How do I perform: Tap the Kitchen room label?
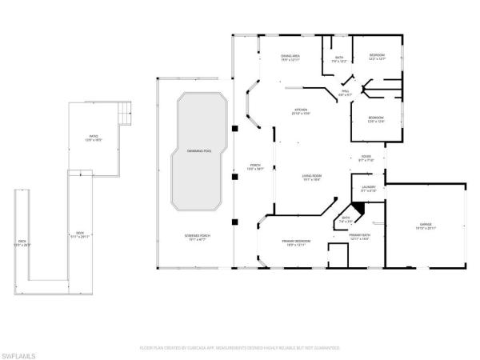300,111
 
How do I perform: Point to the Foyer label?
366,158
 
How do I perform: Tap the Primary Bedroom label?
294,242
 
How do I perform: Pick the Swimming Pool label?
199,150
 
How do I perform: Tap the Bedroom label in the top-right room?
376,57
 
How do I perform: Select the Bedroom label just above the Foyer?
376,119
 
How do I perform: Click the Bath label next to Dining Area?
338,58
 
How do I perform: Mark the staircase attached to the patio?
125,112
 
